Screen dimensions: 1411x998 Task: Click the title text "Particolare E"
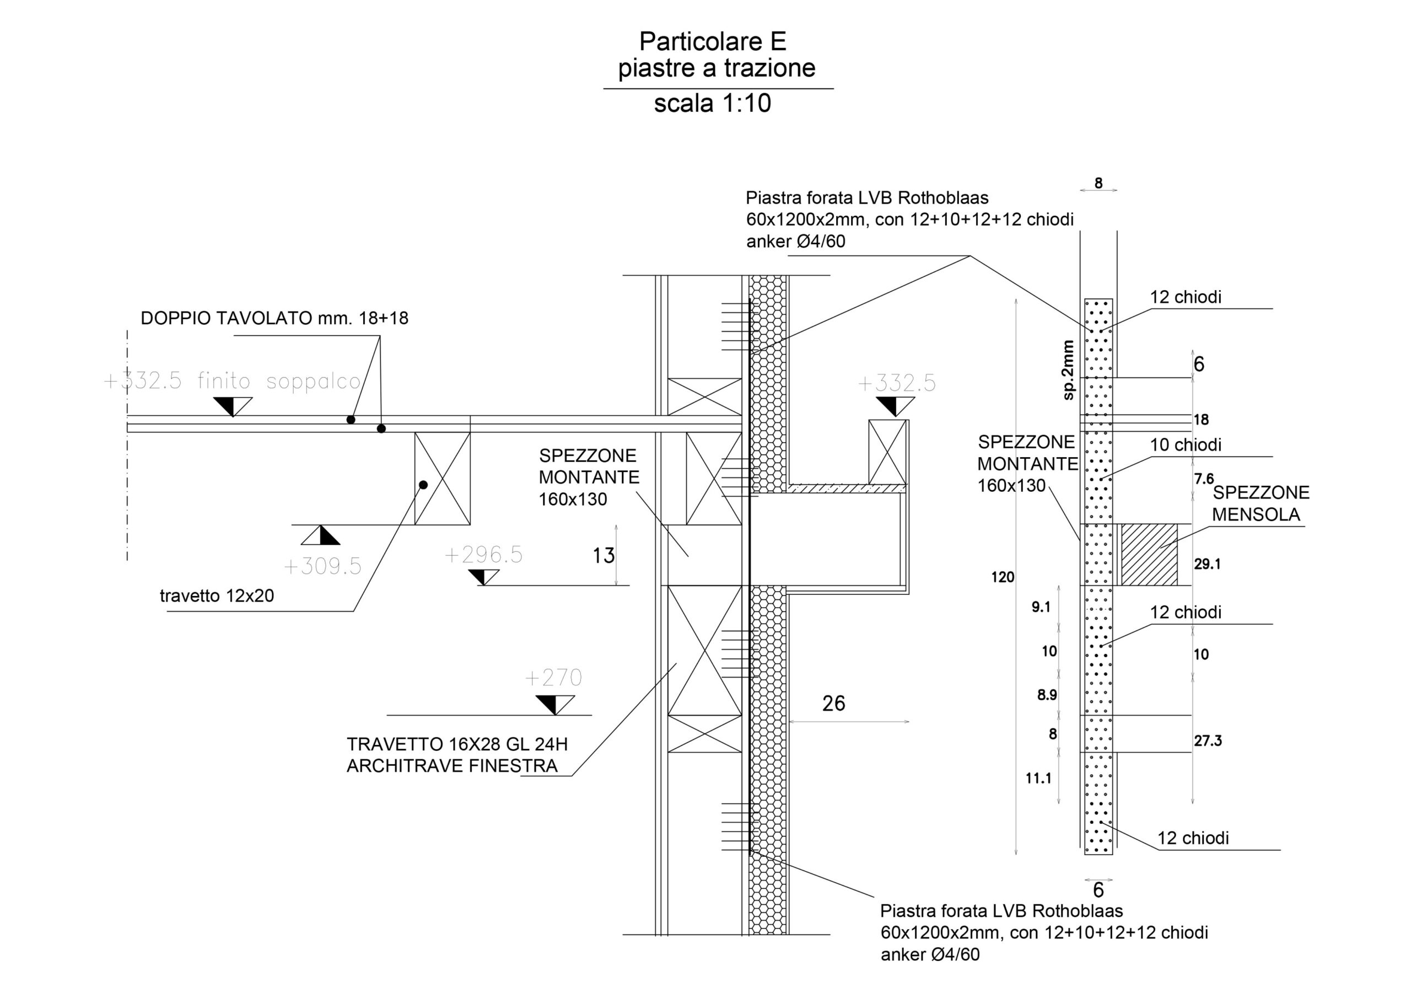coord(712,41)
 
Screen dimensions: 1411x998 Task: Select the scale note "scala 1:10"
coord(712,103)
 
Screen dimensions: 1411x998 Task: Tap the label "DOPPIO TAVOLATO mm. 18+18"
coord(274,319)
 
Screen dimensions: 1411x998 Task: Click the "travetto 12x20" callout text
coord(217,596)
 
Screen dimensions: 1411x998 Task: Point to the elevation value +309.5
coord(322,566)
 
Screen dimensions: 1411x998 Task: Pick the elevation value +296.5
coord(483,555)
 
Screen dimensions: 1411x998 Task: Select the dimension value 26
coord(833,704)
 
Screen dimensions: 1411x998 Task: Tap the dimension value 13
coord(604,556)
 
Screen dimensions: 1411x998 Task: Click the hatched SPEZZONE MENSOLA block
coord(1149,555)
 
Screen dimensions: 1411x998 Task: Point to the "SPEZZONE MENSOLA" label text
coord(1261,503)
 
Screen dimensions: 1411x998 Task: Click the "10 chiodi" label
coord(1186,445)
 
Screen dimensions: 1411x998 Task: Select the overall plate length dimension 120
coord(1003,577)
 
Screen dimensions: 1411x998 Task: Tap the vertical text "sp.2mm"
coord(1069,370)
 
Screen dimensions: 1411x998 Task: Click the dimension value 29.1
coord(1208,564)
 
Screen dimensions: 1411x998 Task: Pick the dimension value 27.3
coord(1208,741)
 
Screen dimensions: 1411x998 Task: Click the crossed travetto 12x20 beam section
coord(443,479)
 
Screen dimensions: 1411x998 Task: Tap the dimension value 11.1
coord(1038,779)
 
